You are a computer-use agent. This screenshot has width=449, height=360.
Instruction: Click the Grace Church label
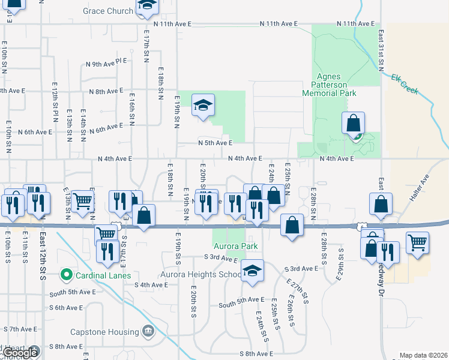point(108,11)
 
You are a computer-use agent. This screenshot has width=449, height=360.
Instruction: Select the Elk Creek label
point(404,84)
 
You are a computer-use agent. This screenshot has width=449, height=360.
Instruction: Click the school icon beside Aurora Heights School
point(253,271)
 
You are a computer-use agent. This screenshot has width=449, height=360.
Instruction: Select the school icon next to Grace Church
point(146,7)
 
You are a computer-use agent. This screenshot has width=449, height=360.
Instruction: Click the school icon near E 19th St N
point(203,106)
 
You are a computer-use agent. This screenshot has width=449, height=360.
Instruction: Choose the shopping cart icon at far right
point(418,243)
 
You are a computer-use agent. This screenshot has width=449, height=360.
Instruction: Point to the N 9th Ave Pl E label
point(107,62)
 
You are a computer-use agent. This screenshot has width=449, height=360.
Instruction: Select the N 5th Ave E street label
point(215,143)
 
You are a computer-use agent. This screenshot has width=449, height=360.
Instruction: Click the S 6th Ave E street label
point(66,308)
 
